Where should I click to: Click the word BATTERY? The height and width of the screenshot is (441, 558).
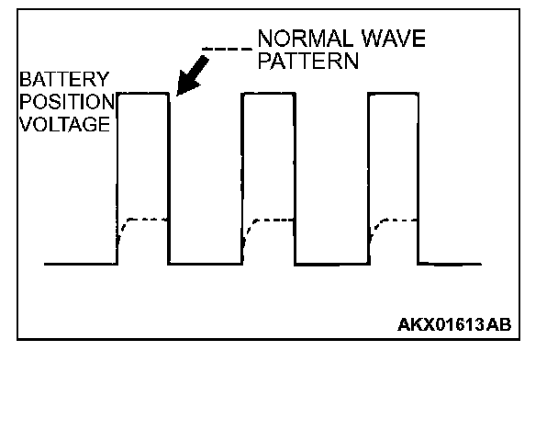tap(51, 79)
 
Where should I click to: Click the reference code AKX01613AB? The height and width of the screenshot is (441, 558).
tap(454, 324)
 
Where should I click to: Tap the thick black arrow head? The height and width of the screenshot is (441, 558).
tap(184, 85)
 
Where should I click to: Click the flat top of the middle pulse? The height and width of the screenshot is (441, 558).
tap(269, 94)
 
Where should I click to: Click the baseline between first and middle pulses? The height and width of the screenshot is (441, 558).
tap(206, 264)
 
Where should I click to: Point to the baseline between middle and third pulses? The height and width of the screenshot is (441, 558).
tap(330, 264)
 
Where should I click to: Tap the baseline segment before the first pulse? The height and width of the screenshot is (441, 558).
tap(81, 264)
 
